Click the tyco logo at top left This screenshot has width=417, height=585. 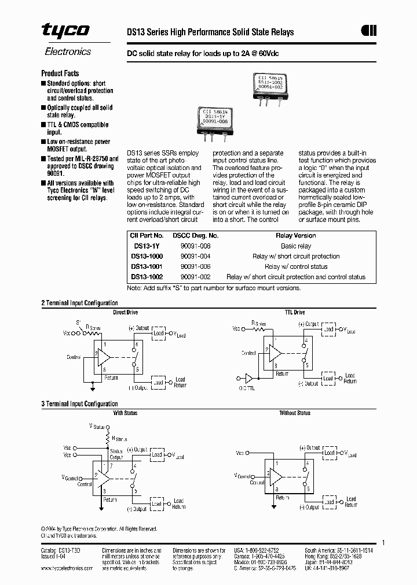pyautogui.click(x=65, y=31)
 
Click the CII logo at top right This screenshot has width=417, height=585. pyautogui.click(x=369, y=31)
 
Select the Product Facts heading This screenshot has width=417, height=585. pyautogui.click(x=60, y=73)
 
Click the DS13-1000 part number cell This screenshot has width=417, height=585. pyautogui.click(x=147, y=256)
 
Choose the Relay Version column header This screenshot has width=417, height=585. pyautogui.click(x=295, y=235)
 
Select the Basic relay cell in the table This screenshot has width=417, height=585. pyautogui.click(x=295, y=246)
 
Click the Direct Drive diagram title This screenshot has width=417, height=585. pyautogui.click(x=125, y=312)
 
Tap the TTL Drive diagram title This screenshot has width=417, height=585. pyautogui.click(x=295, y=312)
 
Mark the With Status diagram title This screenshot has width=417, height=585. pyautogui.click(x=126, y=413)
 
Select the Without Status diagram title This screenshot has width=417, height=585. pyautogui.click(x=295, y=413)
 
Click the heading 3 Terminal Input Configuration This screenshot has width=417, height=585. pyautogui.click(x=79, y=404)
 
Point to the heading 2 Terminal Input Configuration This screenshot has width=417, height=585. pyautogui.click(x=79, y=303)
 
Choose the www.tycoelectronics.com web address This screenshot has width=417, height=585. pyautogui.click(x=67, y=568)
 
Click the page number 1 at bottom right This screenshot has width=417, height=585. pyautogui.click(x=383, y=542)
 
